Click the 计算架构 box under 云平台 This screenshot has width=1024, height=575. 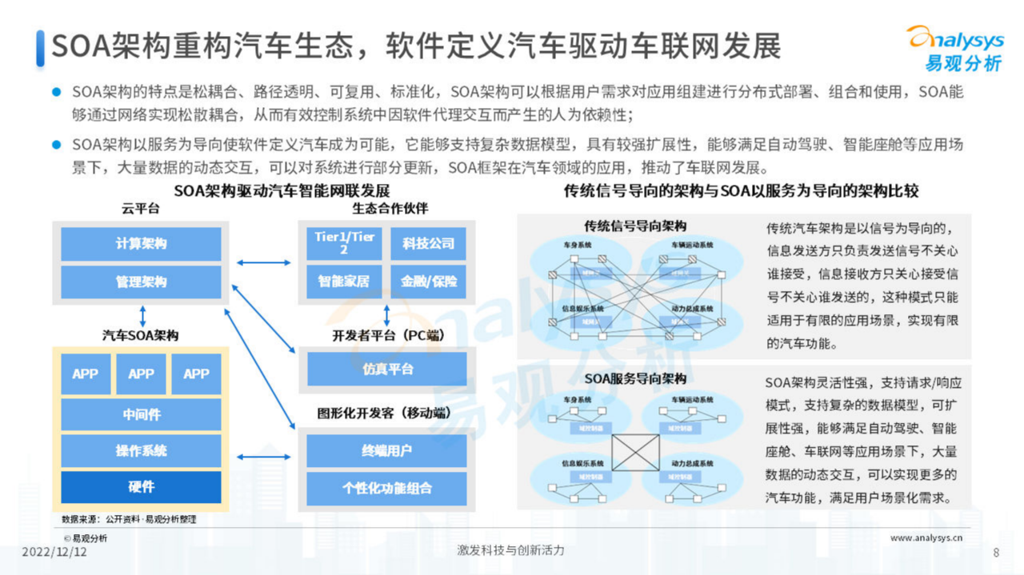141,244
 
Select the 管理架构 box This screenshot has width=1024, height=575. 141,282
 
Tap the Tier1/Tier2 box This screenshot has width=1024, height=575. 344,243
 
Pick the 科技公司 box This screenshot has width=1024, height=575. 428,243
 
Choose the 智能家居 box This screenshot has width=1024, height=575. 344,281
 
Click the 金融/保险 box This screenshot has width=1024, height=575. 428,281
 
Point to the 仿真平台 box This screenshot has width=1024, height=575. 386,369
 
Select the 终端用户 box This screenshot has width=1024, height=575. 386,450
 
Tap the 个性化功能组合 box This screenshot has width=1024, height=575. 386,488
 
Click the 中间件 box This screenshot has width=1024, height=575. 141,414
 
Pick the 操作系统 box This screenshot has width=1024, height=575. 141,451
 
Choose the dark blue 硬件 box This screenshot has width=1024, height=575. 141,487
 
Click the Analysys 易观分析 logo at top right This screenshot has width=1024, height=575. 954,47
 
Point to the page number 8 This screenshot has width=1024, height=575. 996,552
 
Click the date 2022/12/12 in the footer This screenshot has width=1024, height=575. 54,552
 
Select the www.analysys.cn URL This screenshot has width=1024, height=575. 926,538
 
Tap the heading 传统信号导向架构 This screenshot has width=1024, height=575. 635,226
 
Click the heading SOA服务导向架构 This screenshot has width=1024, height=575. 635,378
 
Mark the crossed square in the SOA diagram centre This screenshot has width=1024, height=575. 635,451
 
